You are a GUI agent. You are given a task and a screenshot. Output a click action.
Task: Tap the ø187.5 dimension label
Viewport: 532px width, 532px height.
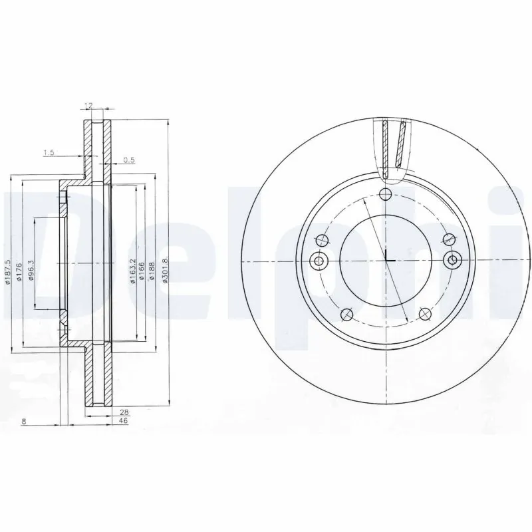click(8, 273)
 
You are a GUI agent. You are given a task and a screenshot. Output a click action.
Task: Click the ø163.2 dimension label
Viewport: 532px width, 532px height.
click(133, 271)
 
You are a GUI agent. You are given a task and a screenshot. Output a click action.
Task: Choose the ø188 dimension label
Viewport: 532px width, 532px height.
click(152, 271)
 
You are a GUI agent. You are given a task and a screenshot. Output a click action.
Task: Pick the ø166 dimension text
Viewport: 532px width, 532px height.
click(142, 271)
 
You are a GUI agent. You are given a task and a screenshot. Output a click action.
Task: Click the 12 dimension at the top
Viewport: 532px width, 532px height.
click(88, 105)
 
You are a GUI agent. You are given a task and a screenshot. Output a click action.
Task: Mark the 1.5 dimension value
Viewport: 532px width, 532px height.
click(48, 153)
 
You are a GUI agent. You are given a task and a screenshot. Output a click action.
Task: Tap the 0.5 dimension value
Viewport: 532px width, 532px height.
click(129, 160)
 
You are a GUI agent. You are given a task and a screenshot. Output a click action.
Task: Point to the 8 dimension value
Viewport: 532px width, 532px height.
click(23, 422)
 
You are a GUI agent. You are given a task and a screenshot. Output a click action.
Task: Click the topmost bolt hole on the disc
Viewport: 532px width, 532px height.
click(385, 194)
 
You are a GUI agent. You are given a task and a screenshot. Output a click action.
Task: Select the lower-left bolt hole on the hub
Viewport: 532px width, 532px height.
click(344, 315)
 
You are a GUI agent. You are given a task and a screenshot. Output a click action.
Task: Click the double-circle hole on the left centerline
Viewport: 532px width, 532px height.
click(318, 259)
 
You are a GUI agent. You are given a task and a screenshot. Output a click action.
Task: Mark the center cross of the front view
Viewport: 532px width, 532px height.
click(386, 259)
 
